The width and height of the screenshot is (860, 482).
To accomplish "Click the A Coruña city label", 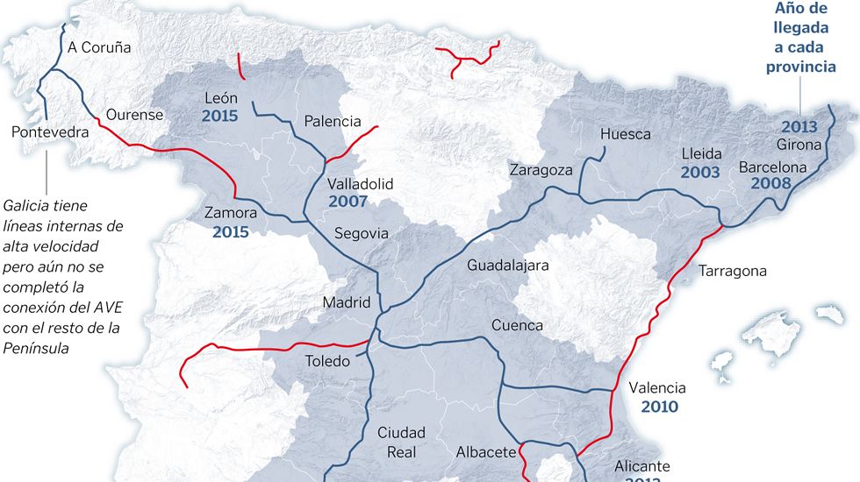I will point(99,47).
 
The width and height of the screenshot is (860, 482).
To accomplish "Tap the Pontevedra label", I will point(51,132).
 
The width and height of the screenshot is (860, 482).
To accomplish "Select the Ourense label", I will point(134,115).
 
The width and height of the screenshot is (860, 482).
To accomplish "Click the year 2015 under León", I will point(220,116).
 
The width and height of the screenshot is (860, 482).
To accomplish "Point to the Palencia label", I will point(333,122).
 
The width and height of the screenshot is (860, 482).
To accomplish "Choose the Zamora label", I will point(230,213).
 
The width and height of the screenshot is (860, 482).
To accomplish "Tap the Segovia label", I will point(361,234).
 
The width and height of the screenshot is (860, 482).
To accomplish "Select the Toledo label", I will point(327,361).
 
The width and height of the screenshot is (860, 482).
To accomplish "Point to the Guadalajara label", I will point(508,265).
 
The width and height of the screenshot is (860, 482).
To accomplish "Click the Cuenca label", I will point(517,325).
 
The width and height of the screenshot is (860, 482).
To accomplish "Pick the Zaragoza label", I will point(541,170).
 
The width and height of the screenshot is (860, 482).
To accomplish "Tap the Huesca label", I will point(626,134).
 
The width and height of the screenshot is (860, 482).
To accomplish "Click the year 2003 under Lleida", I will point(700,173).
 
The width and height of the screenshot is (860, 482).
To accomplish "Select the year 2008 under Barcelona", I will point(772,184).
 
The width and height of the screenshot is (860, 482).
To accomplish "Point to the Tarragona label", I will point(733,271).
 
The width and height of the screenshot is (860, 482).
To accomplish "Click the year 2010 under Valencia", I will point(659,407).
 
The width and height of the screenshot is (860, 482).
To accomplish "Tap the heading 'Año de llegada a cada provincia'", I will point(799,38).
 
